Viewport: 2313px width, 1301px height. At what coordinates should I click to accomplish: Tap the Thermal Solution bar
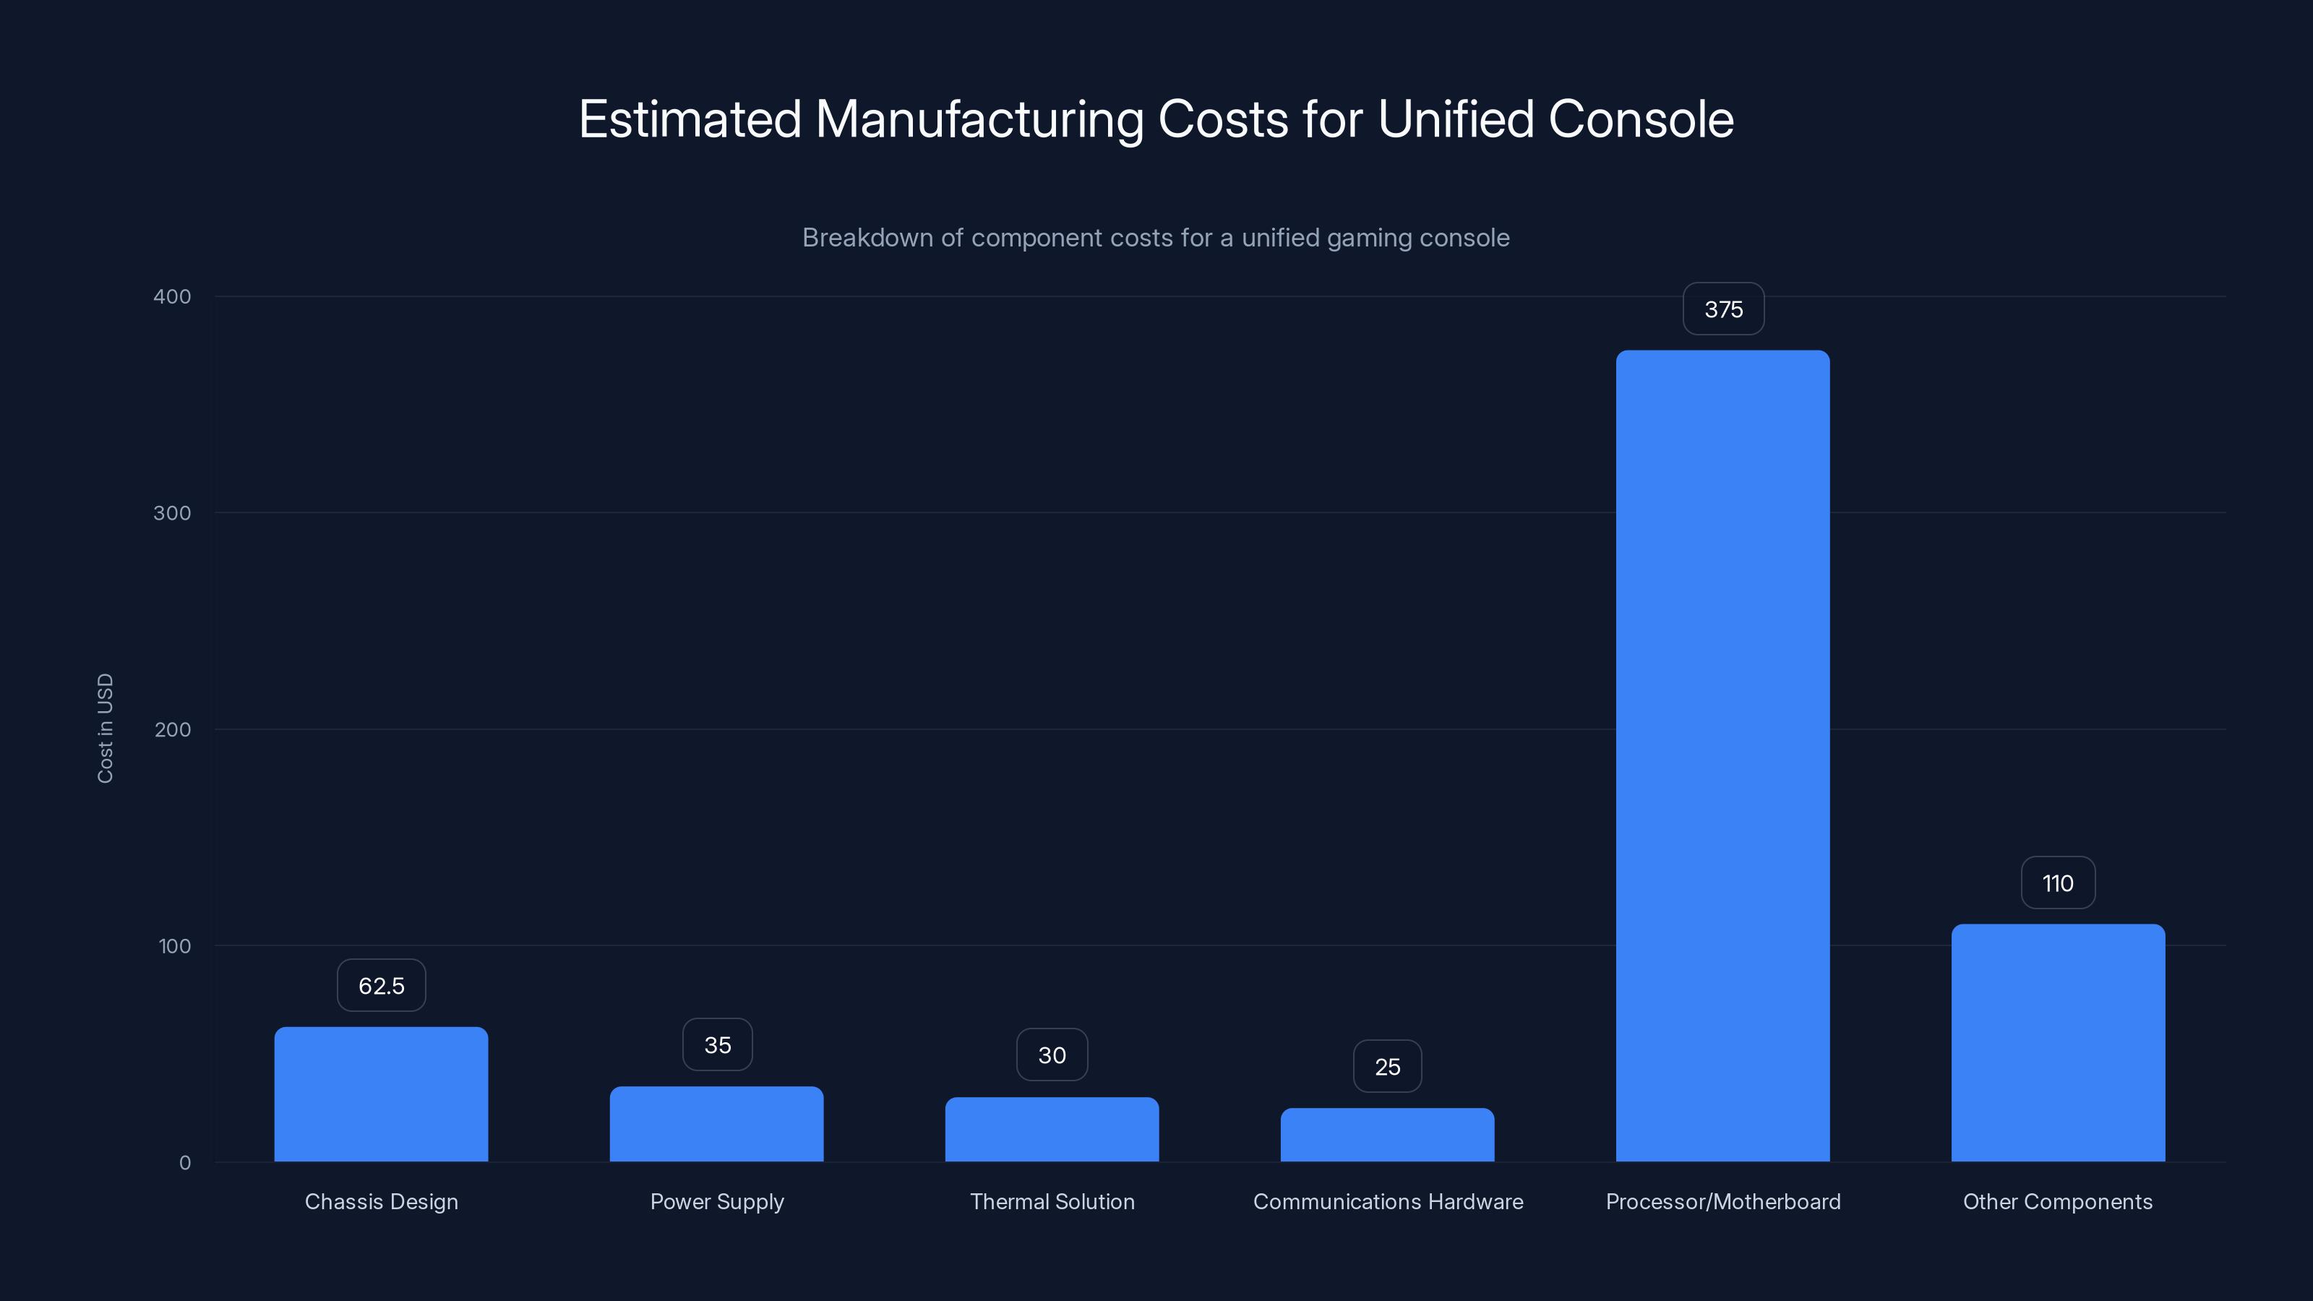tap(1052, 1130)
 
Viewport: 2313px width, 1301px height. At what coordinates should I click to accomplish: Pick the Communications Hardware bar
tap(1387, 1135)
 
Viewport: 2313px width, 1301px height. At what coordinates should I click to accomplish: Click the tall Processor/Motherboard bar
tap(1722, 756)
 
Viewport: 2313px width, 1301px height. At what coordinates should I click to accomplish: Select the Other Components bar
tap(2058, 1042)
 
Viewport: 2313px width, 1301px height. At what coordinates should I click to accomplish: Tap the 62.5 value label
tap(381, 986)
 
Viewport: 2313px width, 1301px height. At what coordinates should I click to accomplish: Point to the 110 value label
tap(2058, 883)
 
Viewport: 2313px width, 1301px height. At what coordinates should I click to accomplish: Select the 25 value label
tap(1387, 1067)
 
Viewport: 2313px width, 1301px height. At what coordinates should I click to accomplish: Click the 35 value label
tap(718, 1045)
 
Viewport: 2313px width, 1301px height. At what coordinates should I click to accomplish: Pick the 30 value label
tap(1052, 1055)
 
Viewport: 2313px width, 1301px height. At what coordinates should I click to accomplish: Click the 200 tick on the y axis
tap(173, 729)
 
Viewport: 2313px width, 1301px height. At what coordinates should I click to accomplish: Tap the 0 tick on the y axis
tap(185, 1163)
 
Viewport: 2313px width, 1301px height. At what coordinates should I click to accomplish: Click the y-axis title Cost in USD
tap(105, 728)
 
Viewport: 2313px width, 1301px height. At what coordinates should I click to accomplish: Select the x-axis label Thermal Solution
tap(1052, 1201)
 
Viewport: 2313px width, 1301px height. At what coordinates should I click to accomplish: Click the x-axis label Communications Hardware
tap(1387, 1201)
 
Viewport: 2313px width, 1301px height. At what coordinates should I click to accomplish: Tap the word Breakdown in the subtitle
tap(867, 238)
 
